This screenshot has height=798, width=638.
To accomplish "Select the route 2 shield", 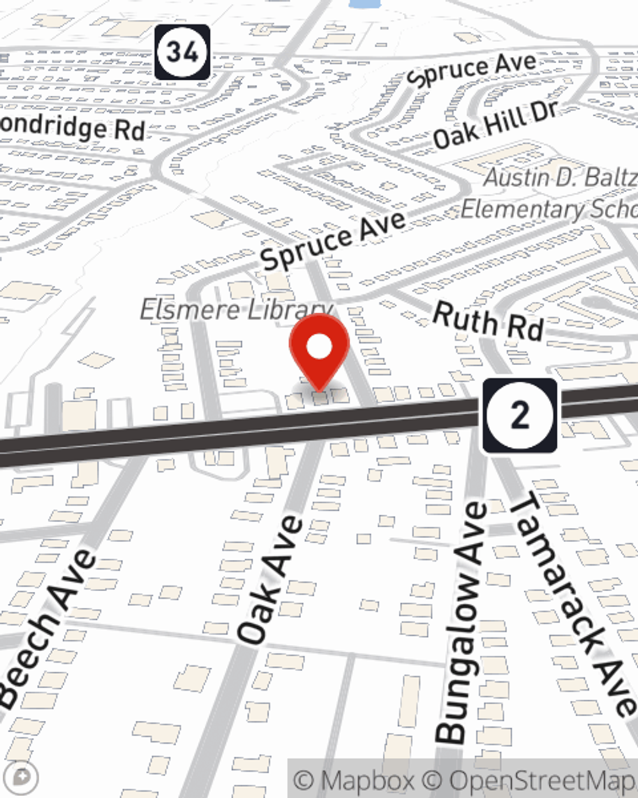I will point(519,416).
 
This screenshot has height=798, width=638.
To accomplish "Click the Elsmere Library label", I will point(236,311).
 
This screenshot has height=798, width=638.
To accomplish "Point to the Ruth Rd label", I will point(488,322).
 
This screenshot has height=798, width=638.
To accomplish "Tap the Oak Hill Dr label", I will point(495,125).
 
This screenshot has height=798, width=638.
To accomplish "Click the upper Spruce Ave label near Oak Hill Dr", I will point(472,71).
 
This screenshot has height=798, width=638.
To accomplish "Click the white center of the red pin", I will point(319,347).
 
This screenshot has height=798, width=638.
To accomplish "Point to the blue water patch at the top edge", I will point(364,3).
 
